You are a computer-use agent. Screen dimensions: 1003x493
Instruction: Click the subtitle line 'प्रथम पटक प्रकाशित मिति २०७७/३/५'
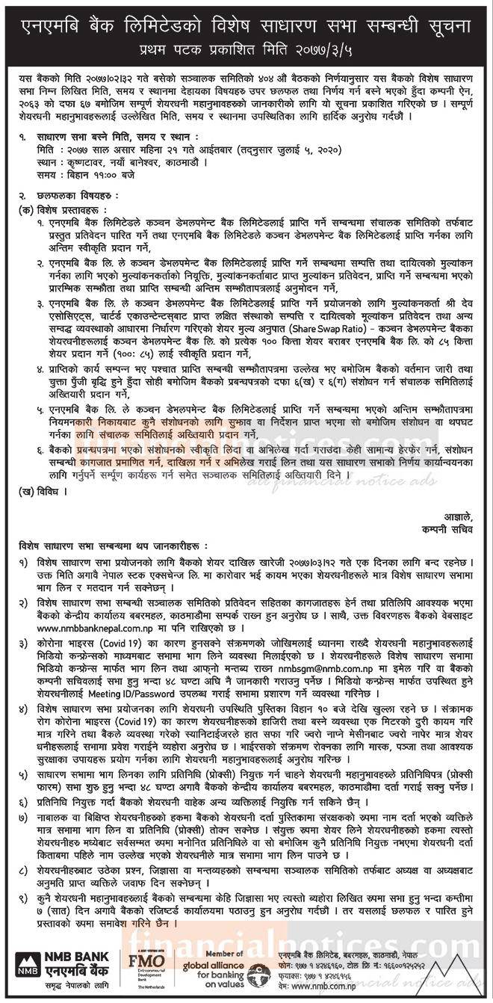click(246, 52)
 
